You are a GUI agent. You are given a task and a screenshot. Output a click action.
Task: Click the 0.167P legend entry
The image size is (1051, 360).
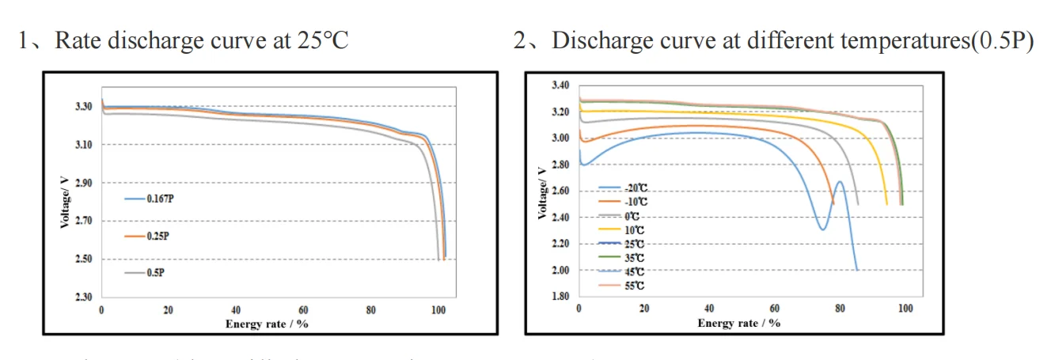tap(154, 199)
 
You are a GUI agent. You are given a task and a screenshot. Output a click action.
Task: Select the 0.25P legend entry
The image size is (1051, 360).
tap(152, 236)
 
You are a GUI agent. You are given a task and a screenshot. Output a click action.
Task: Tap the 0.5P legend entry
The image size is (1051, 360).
tap(150, 272)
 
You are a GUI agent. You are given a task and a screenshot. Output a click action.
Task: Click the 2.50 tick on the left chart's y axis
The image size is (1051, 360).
tap(84, 260)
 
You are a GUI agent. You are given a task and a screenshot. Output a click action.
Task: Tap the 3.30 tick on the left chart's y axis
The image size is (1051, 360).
tap(84, 106)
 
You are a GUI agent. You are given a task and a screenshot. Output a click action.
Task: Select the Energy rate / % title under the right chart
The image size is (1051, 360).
tap(739, 323)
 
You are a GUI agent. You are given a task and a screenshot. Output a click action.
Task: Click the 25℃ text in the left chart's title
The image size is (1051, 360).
tap(321, 40)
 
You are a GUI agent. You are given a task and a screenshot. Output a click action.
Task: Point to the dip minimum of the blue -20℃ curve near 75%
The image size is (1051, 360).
tap(823, 229)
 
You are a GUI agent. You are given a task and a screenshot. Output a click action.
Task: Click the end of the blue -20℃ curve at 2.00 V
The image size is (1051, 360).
tap(857, 270)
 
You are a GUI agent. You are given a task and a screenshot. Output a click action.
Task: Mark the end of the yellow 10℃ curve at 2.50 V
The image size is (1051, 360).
tap(886, 204)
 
